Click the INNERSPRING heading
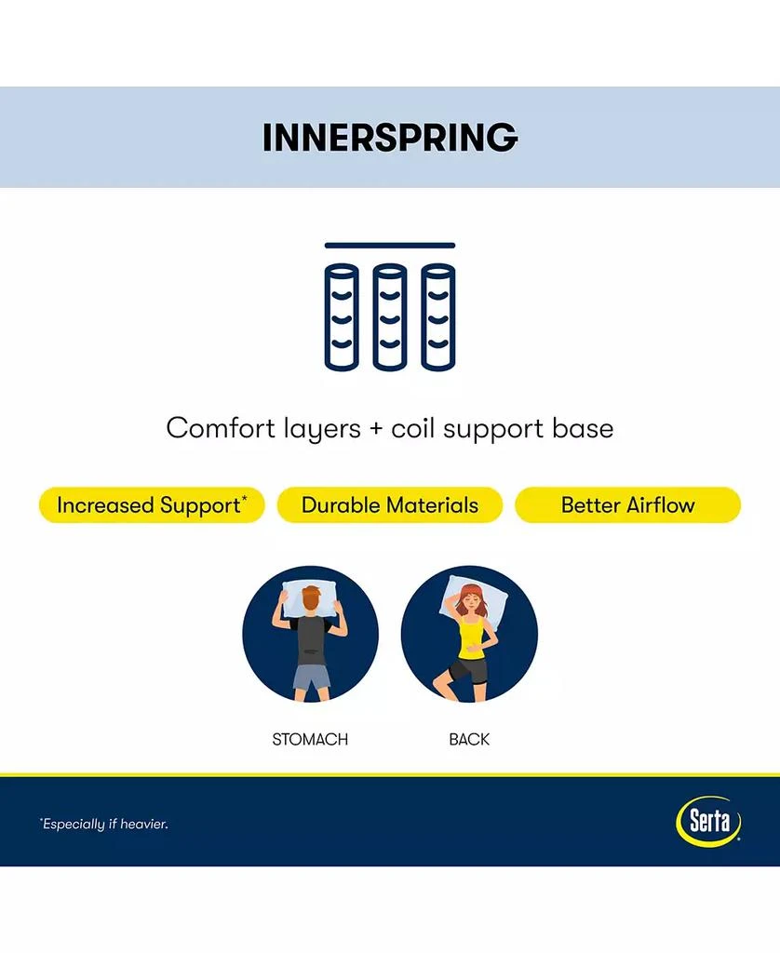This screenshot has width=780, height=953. click(390, 138)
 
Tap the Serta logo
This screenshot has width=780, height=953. click(708, 822)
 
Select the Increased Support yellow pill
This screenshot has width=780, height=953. click(152, 505)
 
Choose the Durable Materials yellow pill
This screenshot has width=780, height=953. click(390, 505)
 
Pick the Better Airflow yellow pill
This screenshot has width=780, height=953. click(628, 505)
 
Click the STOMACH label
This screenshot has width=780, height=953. click(310, 739)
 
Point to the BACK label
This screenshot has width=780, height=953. click(469, 739)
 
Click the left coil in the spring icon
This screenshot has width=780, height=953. click(342, 316)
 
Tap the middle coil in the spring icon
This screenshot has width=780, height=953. click(390, 316)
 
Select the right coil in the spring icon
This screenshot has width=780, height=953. click(437, 316)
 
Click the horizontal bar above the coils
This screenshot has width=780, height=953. click(390, 246)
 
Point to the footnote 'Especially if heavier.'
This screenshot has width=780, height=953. click(104, 825)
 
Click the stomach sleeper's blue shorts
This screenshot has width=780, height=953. click(311, 678)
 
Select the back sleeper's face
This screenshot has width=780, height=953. click(469, 604)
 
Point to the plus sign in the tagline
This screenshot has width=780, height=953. click(376, 429)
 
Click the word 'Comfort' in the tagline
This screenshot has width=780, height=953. click(221, 428)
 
